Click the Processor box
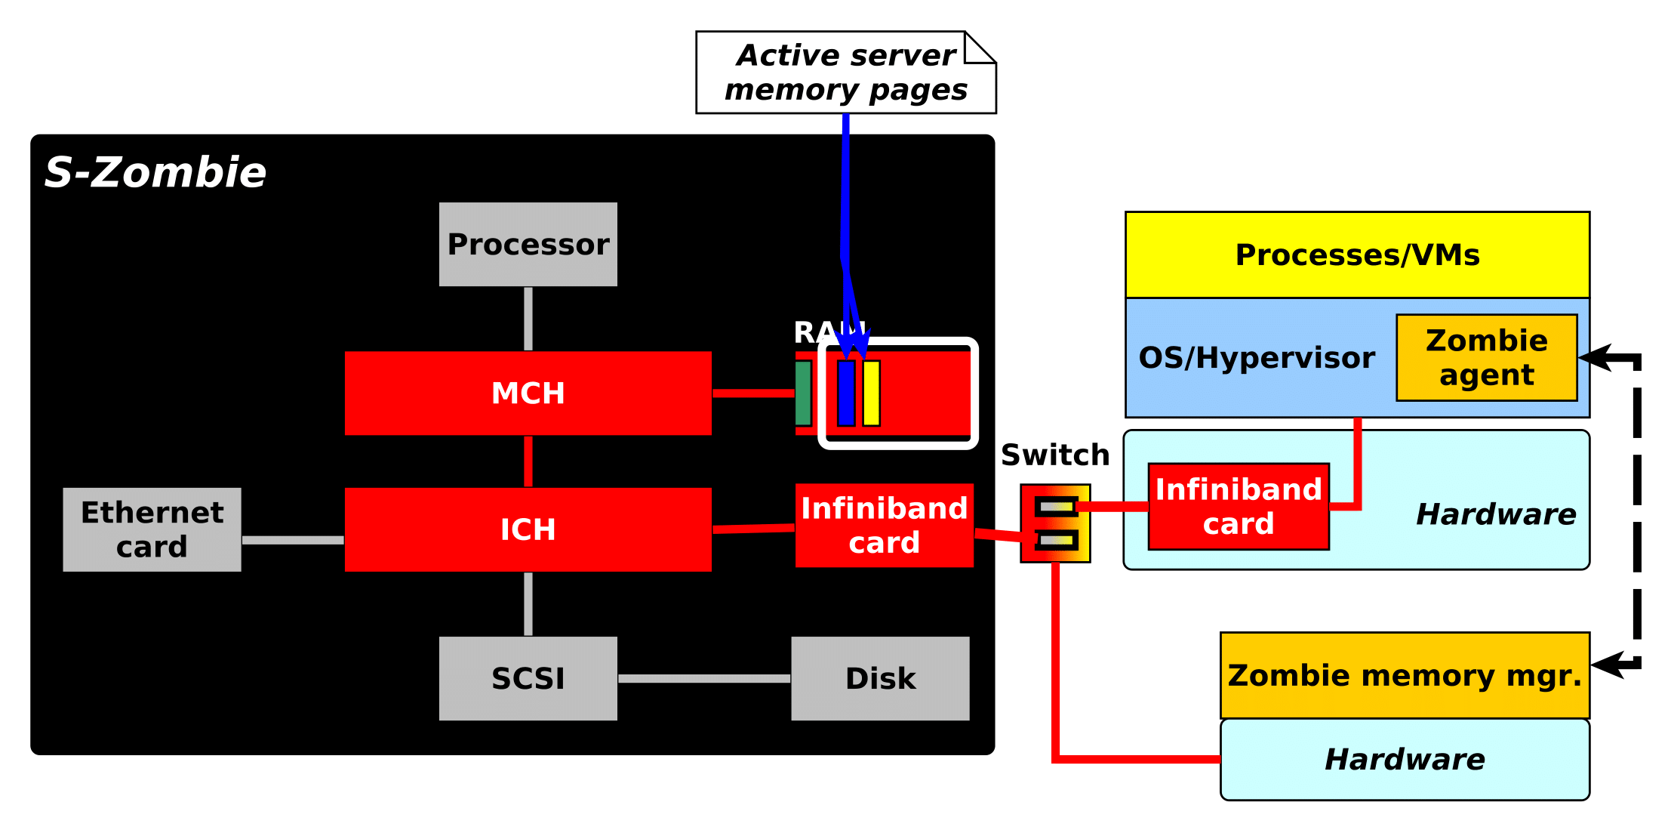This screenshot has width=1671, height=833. click(528, 244)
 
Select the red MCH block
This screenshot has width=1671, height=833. click(528, 393)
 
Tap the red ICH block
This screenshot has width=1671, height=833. click(528, 529)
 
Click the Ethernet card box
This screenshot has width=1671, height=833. click(152, 529)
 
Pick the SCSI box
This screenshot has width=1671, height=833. click(528, 678)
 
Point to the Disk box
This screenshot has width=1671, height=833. click(880, 678)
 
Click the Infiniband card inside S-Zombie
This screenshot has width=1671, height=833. click(884, 526)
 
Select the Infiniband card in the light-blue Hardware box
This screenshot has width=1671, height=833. click(1239, 506)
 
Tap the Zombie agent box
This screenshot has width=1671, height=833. click(1486, 357)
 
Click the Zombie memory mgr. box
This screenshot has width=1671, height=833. click(1405, 675)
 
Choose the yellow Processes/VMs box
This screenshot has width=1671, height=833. click(1357, 255)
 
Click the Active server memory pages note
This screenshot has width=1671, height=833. click(845, 73)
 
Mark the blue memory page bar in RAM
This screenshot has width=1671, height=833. click(846, 393)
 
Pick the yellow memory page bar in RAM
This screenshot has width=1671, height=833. click(871, 393)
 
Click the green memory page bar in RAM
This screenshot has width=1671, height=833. click(803, 393)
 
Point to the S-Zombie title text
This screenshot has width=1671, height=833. click(155, 172)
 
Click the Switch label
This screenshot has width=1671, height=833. click(1055, 455)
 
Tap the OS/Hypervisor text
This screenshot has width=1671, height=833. click(1257, 357)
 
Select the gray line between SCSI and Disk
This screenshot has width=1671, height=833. click(704, 678)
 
